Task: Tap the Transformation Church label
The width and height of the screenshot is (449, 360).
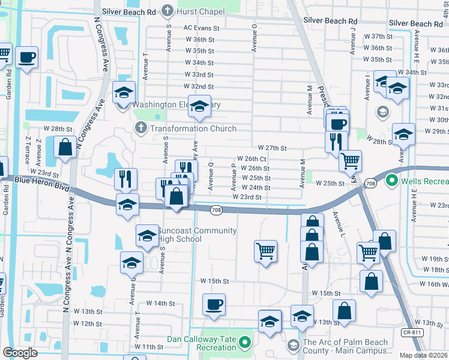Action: click(185, 128)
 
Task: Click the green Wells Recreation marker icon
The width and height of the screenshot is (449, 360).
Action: click(392, 180)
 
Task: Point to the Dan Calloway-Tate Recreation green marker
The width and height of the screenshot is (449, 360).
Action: click(244, 343)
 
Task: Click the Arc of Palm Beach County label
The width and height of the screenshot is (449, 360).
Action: click(345, 346)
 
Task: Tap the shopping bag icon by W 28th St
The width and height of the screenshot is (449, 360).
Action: click(65, 147)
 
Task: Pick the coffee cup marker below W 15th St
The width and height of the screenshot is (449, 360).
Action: click(214, 305)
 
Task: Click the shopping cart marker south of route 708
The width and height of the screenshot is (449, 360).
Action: click(265, 251)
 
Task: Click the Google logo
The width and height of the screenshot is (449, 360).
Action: click(19, 353)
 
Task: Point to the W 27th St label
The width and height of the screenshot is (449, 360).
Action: click(273, 148)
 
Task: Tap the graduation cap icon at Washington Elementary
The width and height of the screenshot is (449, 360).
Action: click(199, 107)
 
